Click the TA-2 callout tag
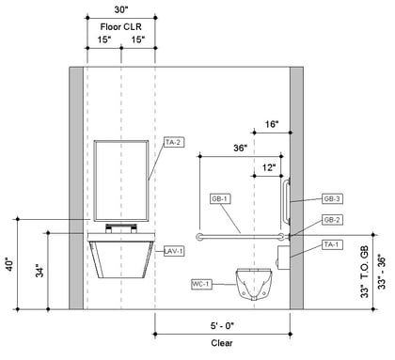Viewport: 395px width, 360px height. pyautogui.click(x=173, y=142)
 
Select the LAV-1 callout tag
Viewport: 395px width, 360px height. pyautogui.click(x=174, y=251)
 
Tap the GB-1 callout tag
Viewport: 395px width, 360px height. pyautogui.click(x=220, y=199)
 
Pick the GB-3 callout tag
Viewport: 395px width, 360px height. pyautogui.click(x=332, y=199)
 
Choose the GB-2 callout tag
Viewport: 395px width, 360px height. pyautogui.click(x=332, y=220)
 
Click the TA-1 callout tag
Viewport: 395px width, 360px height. pyautogui.click(x=332, y=244)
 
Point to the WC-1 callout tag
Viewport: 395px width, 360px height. pyautogui.click(x=201, y=284)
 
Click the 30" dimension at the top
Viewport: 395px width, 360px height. pyautogui.click(x=121, y=9)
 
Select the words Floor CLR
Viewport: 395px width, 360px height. pyautogui.click(x=121, y=27)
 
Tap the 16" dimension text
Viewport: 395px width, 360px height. pyautogui.click(x=272, y=124)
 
